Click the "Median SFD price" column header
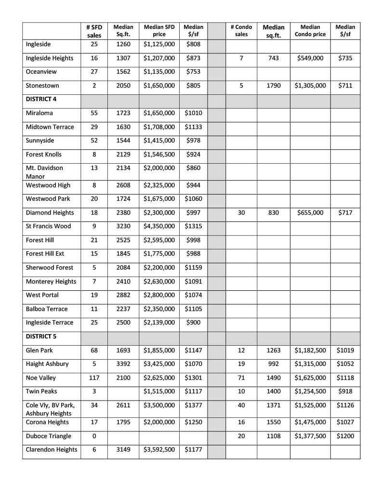[159, 31]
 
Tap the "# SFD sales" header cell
[94, 31]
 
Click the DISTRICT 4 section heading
[39, 99]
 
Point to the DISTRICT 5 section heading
[39, 336]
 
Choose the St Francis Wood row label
[48, 226]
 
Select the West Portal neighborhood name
[42, 295]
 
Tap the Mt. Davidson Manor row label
[44, 172]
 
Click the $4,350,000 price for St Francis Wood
[159, 226]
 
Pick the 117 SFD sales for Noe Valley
[94, 378]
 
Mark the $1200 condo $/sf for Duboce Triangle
[345, 436]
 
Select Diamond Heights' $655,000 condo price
[310, 213]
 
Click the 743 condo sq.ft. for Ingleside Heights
[273, 58]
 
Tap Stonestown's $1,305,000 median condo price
[310, 86]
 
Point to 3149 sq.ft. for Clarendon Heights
[123, 450]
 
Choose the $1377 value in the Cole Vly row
[193, 405]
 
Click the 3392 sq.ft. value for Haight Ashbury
[123, 364]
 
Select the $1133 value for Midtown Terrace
[193, 127]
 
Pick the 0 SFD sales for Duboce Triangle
[94, 436]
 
